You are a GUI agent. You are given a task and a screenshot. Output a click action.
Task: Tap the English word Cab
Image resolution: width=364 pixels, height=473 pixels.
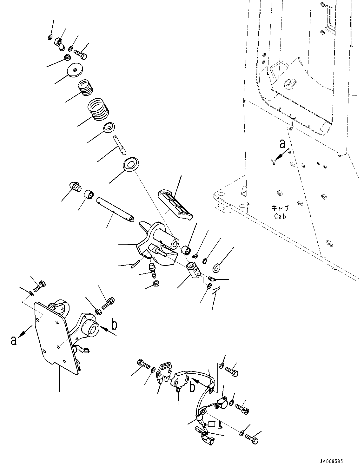click(x=280, y=216)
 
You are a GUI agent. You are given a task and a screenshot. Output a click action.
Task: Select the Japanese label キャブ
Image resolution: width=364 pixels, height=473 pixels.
click(x=280, y=208)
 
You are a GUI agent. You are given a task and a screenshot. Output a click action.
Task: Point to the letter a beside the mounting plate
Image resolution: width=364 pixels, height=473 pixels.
click(x=13, y=340)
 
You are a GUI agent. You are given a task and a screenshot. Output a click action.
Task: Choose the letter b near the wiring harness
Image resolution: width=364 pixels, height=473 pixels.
click(x=192, y=388)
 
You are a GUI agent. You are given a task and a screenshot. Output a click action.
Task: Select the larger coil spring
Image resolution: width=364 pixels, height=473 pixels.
click(x=98, y=109)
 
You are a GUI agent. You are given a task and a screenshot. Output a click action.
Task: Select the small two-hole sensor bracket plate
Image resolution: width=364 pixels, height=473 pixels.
click(x=165, y=371)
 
